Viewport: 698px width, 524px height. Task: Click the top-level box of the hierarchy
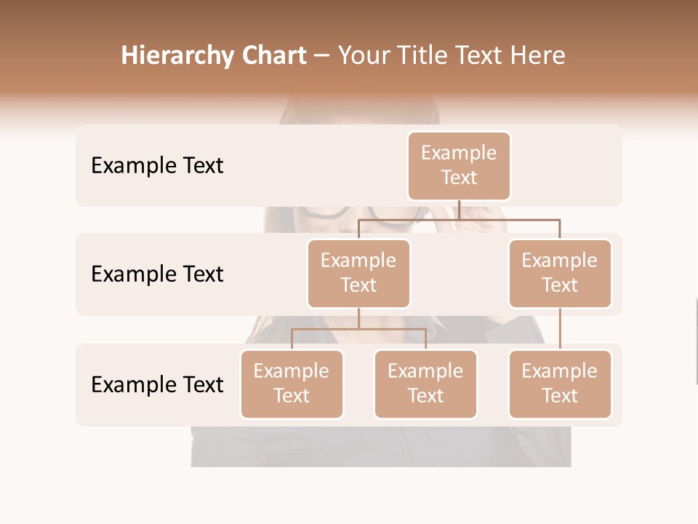[459, 166]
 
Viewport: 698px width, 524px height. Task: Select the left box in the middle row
[358, 274]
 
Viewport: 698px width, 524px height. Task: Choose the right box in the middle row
[560, 274]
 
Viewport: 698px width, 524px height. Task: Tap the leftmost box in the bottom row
[292, 384]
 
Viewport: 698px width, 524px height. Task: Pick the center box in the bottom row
[425, 384]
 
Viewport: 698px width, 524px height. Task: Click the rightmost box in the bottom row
[560, 384]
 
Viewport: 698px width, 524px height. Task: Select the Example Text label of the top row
[157, 166]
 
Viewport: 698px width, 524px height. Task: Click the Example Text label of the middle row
[157, 274]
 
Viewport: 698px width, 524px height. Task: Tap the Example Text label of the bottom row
[157, 385]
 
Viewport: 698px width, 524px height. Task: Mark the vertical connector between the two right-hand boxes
[560, 329]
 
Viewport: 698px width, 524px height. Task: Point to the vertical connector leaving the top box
[459, 210]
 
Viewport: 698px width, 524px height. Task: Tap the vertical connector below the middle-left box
[358, 318]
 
